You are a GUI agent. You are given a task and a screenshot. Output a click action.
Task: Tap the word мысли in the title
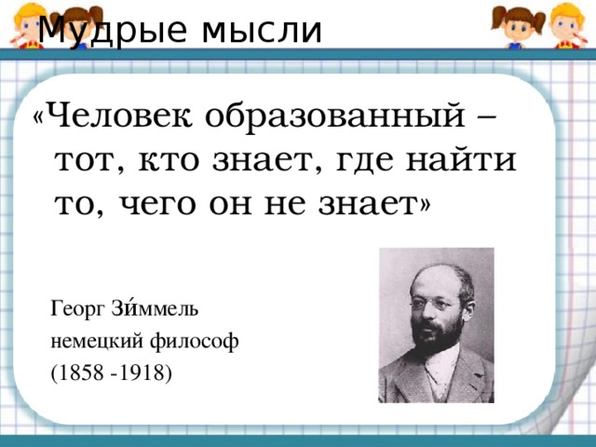coord(262,31)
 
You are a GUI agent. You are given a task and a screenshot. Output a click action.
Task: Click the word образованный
coord(335,116)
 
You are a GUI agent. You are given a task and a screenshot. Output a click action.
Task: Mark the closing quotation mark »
coord(425,204)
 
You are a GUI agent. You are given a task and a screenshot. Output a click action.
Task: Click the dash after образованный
coord(485,117)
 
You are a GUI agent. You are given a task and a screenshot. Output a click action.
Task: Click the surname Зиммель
coord(155,308)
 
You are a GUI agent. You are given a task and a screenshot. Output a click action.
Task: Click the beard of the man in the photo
coord(437,335)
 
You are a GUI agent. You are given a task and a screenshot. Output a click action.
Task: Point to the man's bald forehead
coord(437,281)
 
